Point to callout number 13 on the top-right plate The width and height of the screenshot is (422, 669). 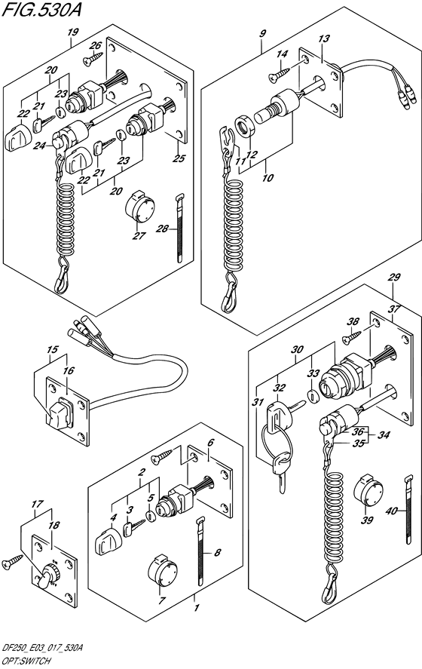tap(323, 38)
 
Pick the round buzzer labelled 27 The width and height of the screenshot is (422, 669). tap(139, 206)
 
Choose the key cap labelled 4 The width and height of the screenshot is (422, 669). tap(105, 541)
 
